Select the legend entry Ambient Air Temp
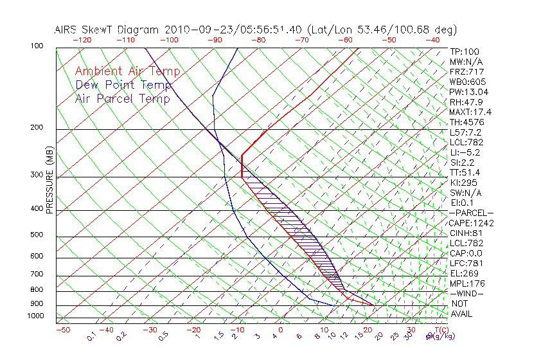pos(128,71)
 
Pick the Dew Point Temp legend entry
pos(123,85)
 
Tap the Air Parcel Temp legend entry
pos(123,98)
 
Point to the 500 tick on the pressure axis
pos(37,235)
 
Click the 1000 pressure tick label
pos(35,316)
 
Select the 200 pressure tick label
pos(37,128)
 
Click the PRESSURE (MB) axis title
pos(49,181)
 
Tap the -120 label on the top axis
pos(82,40)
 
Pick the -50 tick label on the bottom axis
pos(62,330)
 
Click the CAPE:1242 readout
pos(470,223)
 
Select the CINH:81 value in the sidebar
pos(465,233)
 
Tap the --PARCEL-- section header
pos(471,213)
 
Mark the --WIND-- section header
pos(467,293)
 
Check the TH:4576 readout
pos(466,122)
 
